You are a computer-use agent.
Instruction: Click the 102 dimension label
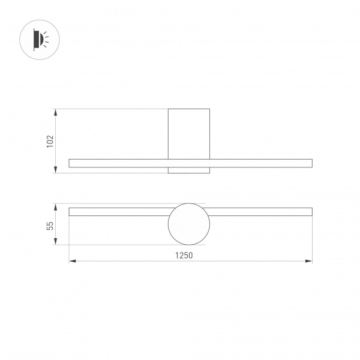click(50, 141)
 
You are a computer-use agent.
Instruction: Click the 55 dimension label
click(50, 226)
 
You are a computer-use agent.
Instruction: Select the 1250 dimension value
click(184, 256)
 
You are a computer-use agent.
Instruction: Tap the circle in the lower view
click(168, 224)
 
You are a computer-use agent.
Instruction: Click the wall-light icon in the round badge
click(41, 40)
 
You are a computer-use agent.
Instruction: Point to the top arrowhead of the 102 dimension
click(55, 113)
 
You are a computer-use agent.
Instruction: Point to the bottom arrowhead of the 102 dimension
click(55, 169)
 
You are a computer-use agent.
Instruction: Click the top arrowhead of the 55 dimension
click(55, 207)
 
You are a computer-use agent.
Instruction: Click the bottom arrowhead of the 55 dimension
click(55, 241)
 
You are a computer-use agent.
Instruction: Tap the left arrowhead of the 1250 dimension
click(73, 261)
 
